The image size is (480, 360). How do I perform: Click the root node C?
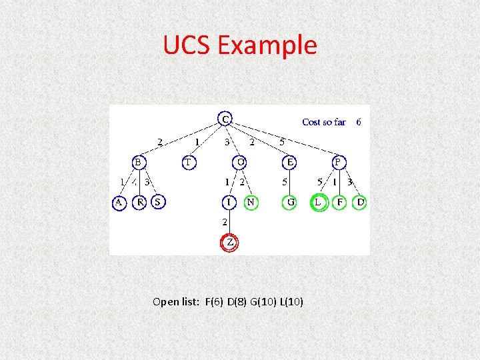(226, 119)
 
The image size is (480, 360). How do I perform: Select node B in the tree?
(138, 162)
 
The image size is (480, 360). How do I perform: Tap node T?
(189, 162)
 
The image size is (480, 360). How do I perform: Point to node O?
(241, 162)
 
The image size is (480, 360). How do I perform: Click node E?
(290, 162)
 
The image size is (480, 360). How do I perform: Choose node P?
(339, 162)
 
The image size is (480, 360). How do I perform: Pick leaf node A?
(119, 202)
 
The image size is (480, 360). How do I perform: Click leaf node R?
(139, 202)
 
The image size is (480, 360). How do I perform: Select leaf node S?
(158, 202)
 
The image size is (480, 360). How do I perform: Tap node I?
(229, 202)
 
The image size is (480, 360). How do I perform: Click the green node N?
(251, 202)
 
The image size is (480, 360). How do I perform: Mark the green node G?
(290, 202)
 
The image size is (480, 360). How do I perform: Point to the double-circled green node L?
(319, 202)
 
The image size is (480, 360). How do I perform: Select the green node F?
(340, 202)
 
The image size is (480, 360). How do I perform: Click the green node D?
(360, 202)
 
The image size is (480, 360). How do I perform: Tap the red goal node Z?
(229, 243)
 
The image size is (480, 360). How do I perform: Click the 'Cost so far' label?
(324, 122)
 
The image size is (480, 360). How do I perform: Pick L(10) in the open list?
(291, 302)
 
